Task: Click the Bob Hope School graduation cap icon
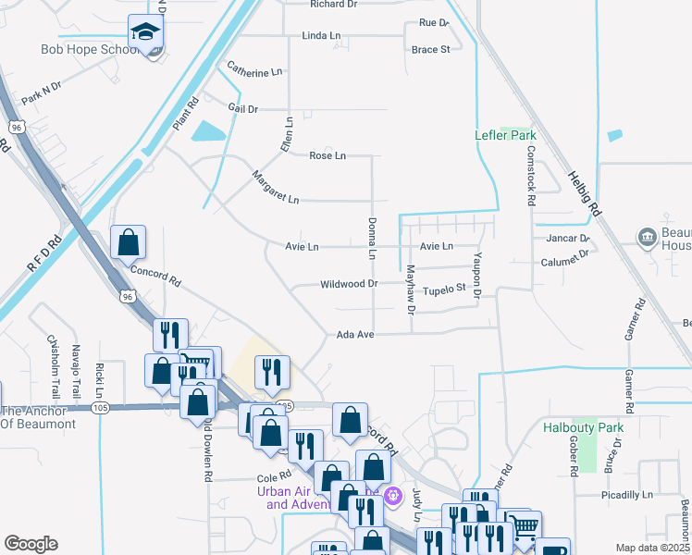(145, 34)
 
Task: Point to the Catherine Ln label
(253, 72)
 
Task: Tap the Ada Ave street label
(354, 334)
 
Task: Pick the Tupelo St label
(444, 290)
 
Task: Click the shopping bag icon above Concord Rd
(128, 242)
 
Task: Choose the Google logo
(31, 544)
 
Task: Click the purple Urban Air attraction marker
(394, 496)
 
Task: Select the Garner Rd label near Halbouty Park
(629, 389)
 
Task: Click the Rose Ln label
(327, 155)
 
